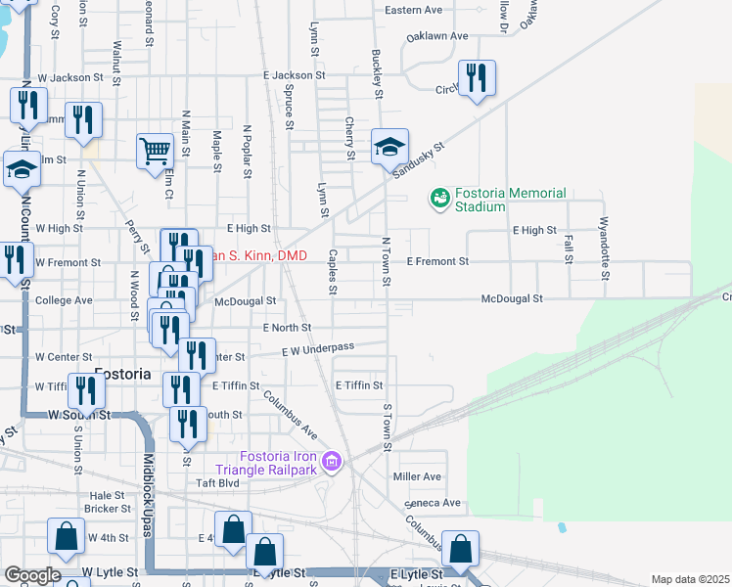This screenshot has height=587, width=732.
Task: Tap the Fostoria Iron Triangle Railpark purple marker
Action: [x=331, y=461]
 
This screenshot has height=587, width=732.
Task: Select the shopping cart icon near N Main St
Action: [x=155, y=152]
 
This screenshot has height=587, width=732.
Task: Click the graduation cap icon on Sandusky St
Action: [x=389, y=148]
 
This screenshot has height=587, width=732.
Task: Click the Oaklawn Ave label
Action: [x=439, y=36]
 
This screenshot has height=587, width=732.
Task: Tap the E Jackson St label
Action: [x=294, y=75]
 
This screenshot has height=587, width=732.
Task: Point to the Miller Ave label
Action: [x=417, y=476]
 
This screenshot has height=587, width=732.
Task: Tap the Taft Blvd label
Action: [x=217, y=482]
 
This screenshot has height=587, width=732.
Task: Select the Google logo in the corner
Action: [x=31, y=575]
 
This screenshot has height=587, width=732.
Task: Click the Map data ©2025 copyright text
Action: [x=690, y=579]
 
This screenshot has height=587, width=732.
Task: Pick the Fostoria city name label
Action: [x=122, y=375]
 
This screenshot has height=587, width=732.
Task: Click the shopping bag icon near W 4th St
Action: [x=66, y=536]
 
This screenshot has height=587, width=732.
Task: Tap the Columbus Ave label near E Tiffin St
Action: [x=291, y=415]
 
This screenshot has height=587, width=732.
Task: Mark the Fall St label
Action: [x=568, y=252]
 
